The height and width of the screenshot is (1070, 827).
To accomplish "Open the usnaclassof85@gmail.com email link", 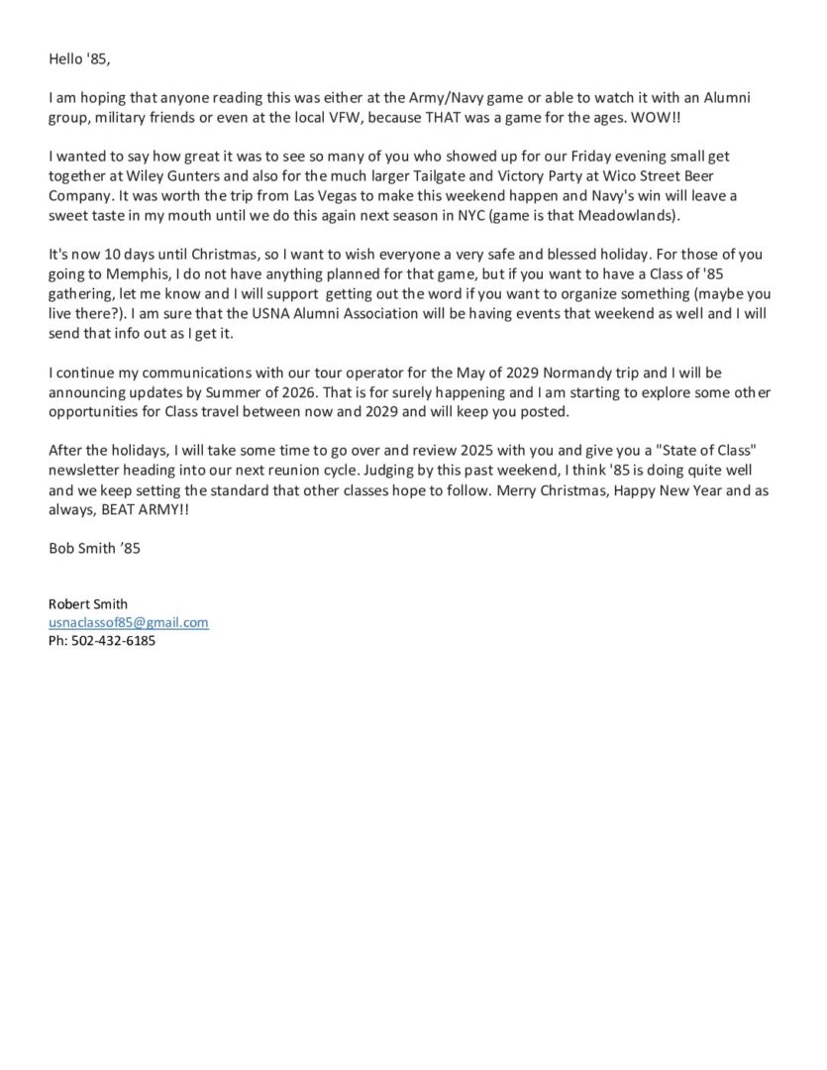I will tap(129, 622).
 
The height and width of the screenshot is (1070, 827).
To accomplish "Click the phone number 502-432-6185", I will tap(113, 641).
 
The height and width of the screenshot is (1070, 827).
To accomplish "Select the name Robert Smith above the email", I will tap(88, 604).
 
